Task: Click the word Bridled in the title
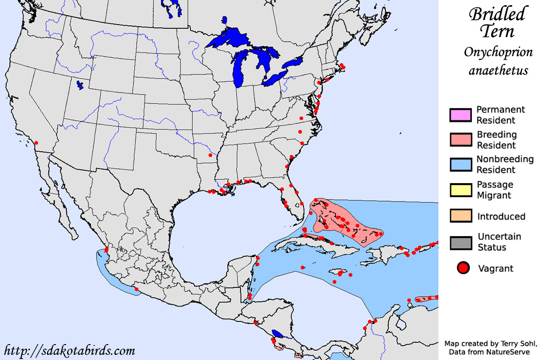coord(497,14)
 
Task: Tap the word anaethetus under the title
coord(498,70)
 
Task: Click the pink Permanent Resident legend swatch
coord(460,115)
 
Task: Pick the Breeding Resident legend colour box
coord(460,140)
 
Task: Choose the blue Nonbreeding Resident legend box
coord(460,165)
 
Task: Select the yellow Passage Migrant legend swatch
coord(460,190)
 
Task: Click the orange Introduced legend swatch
coord(460,216)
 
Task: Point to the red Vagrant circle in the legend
coord(464,268)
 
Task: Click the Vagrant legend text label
coord(495,268)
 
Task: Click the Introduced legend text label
coord(501,216)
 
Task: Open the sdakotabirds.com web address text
coord(70,351)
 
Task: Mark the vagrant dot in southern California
coord(36,142)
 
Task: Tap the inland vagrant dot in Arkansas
coord(210,155)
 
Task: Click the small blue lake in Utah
coord(80,85)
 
